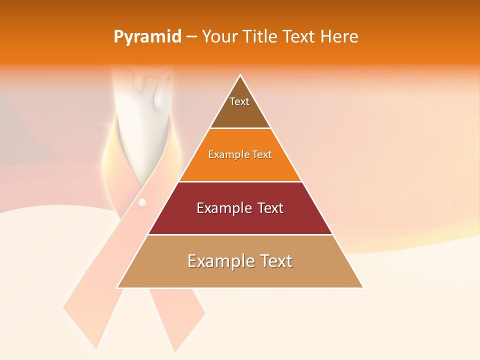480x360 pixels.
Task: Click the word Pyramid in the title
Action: tap(147, 37)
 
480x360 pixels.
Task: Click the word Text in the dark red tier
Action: tap(268, 208)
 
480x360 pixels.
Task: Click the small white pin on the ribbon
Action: tap(142, 202)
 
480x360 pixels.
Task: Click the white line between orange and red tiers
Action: tap(240, 181)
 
